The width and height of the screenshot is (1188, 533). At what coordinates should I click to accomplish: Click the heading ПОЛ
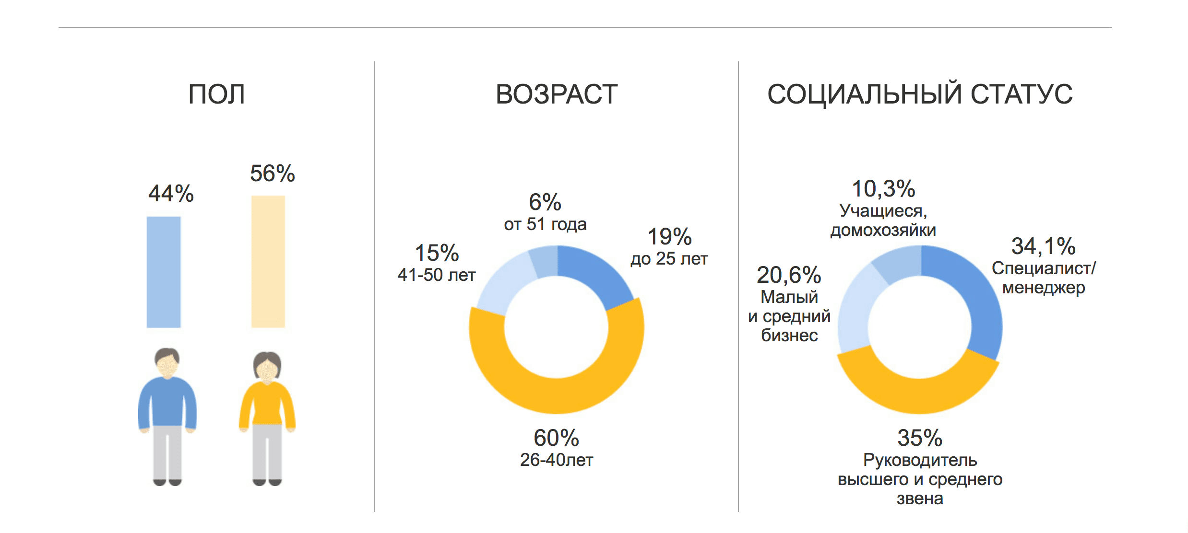click(216, 94)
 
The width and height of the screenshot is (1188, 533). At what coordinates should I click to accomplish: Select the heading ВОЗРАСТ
click(557, 94)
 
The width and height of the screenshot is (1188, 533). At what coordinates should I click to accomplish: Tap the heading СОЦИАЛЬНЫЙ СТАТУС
click(920, 94)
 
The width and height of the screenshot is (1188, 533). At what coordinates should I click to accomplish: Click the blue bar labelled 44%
click(164, 272)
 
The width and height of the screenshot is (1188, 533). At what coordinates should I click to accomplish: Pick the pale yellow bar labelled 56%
click(268, 261)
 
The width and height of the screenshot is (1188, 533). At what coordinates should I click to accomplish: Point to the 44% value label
click(171, 194)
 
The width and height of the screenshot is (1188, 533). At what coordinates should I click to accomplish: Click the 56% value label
click(272, 174)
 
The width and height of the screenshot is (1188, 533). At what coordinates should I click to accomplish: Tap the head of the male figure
click(167, 362)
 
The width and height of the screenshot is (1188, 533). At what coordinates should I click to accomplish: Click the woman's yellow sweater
click(267, 405)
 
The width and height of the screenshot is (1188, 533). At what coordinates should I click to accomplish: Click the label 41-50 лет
click(436, 275)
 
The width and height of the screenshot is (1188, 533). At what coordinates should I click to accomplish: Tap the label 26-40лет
click(557, 460)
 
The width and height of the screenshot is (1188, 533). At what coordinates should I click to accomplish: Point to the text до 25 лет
click(669, 259)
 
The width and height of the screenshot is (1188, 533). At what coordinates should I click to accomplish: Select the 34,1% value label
click(1043, 246)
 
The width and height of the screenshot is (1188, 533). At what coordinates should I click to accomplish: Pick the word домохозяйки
click(883, 231)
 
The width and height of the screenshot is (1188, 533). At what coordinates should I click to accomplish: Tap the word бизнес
click(789, 336)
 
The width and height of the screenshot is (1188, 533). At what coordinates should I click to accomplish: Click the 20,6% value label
click(789, 275)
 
